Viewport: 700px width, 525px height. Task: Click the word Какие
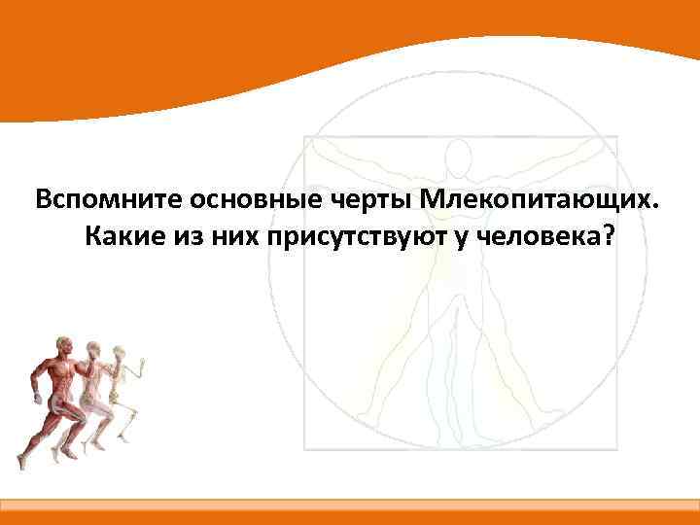[122, 236]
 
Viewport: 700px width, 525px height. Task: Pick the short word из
[187, 236]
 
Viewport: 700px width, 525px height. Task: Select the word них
[233, 236]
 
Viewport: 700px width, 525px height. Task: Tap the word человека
[540, 236]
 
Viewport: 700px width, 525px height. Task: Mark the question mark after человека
[608, 236]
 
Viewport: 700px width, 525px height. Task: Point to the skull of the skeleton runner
[121, 349]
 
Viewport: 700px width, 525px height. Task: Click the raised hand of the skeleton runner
[144, 367]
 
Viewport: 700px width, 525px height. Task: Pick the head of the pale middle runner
[93, 347]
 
